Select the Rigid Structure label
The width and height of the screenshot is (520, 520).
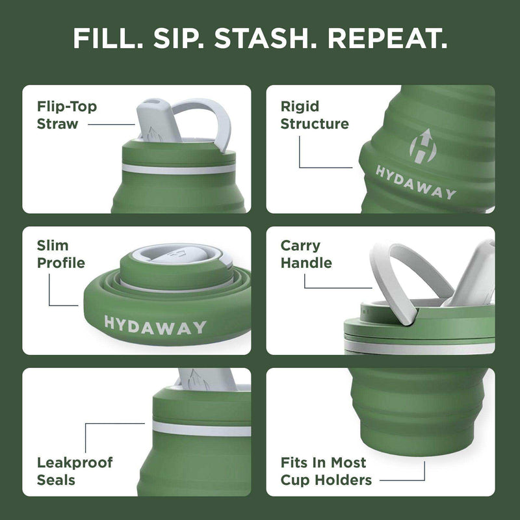click(x=315, y=114)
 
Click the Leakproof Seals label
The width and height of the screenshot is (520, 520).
click(x=75, y=471)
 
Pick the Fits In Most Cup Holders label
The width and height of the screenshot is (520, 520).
click(x=326, y=471)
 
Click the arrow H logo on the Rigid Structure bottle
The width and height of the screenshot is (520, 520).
click(x=423, y=144)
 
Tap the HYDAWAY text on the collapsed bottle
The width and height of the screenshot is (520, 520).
click(x=155, y=326)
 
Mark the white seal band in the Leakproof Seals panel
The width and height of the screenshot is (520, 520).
click(x=201, y=430)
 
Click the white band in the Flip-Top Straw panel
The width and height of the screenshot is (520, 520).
click(x=179, y=169)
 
